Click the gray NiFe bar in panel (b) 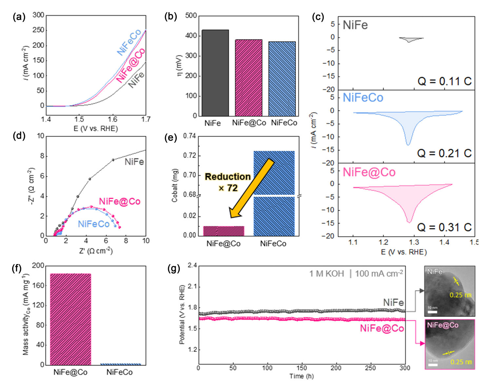(x=215, y=73)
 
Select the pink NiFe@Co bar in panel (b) (x=248, y=78)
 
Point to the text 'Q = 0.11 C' (x=444, y=81)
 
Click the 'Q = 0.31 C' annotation (x=444, y=227)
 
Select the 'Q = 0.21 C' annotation (x=444, y=153)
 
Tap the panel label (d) (x=19, y=136)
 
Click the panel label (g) (x=174, y=269)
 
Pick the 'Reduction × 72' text (x=228, y=182)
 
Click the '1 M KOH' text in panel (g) (x=326, y=273)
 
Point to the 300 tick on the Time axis (x=405, y=368)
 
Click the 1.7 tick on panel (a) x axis (x=146, y=119)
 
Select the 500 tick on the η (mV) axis (x=191, y=16)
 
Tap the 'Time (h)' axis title (x=302, y=376)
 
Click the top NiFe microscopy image (x=450, y=291)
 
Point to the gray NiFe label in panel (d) (x=134, y=162)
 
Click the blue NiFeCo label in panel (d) (x=94, y=224)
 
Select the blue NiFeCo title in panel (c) (x=363, y=98)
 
